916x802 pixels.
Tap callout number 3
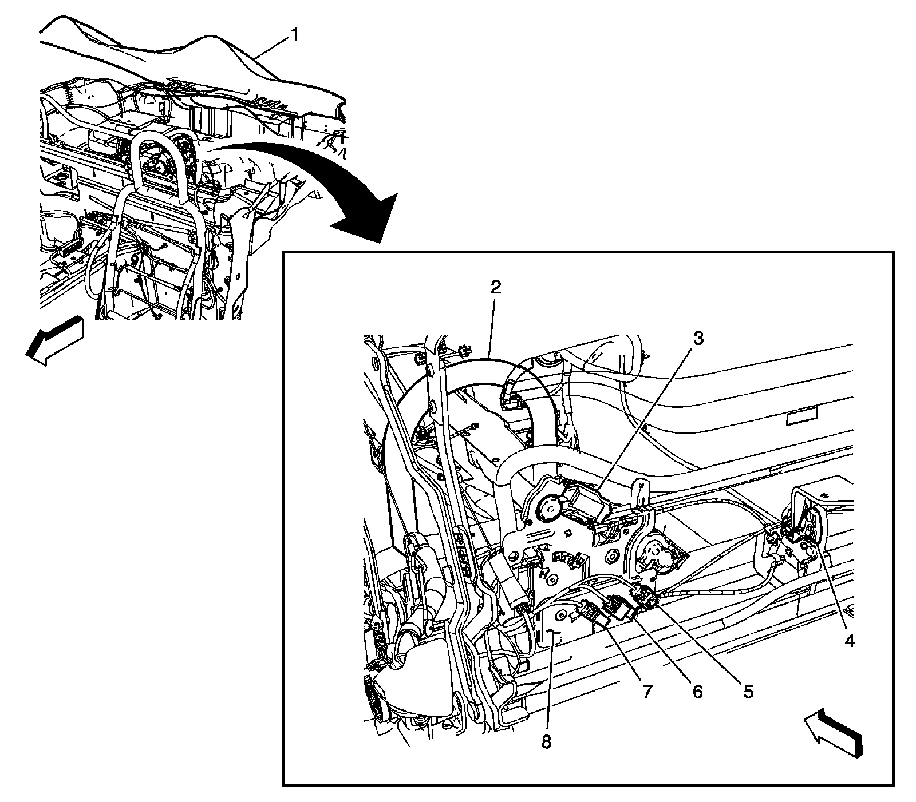click(697, 339)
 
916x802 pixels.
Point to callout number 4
click(850, 641)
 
